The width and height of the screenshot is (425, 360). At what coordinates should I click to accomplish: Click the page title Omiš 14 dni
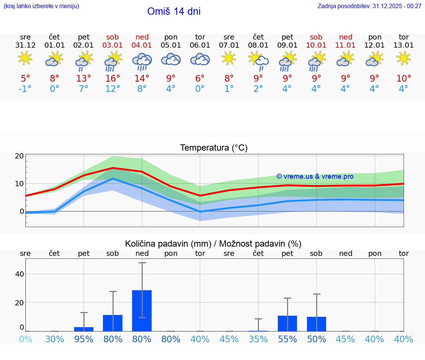click(174, 11)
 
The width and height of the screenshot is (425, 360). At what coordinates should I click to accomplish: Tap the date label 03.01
click(113, 45)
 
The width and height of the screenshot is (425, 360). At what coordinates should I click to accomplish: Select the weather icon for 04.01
click(142, 61)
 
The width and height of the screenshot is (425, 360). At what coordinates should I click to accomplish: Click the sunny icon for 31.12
click(25, 58)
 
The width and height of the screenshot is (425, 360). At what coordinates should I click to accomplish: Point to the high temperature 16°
click(113, 79)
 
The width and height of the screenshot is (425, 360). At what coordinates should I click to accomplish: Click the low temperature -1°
click(25, 89)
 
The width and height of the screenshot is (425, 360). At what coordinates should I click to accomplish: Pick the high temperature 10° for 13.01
click(404, 79)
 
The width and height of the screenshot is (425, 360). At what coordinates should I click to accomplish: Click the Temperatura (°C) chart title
click(214, 148)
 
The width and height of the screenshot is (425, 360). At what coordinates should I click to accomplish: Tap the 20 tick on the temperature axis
click(20, 156)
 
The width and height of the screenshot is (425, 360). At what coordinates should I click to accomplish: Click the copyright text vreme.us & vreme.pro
click(315, 176)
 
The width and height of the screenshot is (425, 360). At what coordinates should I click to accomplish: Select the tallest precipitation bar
click(142, 311)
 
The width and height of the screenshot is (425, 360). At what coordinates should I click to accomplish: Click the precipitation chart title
click(213, 244)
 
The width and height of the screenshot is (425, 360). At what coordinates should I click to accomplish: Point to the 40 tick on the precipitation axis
click(20, 274)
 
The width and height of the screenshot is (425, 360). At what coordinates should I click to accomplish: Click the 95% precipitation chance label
click(84, 339)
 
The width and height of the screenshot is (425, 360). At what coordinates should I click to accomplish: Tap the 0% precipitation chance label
click(25, 339)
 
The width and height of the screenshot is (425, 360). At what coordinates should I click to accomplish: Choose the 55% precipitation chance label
click(287, 339)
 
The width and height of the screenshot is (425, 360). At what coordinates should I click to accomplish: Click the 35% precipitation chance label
click(258, 339)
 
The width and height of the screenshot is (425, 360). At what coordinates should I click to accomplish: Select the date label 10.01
click(316, 45)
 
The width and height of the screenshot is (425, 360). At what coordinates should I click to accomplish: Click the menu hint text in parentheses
click(41, 6)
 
